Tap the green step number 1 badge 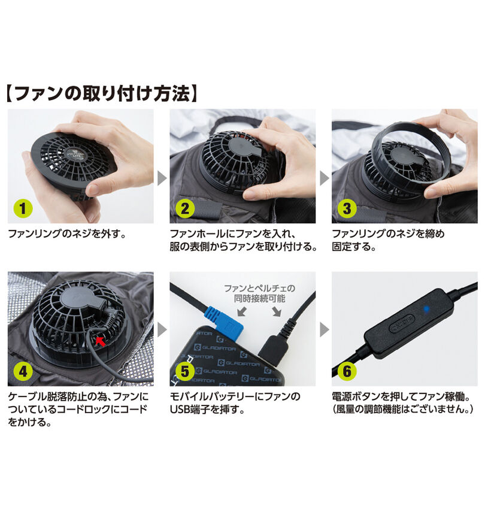(x=23, y=209)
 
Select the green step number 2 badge (x=185, y=209)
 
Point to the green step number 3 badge (x=347, y=209)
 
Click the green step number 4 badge (x=23, y=371)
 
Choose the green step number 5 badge (x=185, y=371)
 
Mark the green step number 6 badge (x=347, y=371)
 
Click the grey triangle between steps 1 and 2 (x=161, y=178)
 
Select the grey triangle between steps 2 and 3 (x=323, y=178)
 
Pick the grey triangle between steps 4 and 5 (x=161, y=329)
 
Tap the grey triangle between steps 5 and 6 (x=323, y=329)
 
